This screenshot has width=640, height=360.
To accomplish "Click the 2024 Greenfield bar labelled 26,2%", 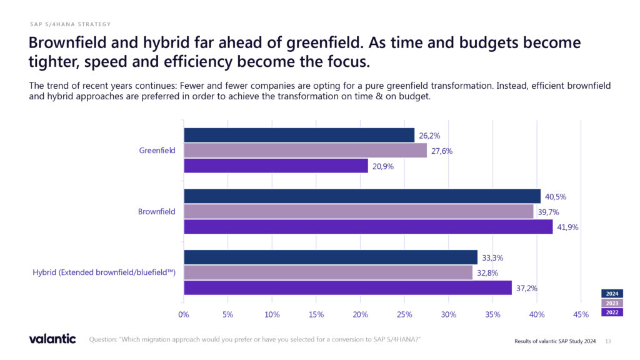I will point(299,135).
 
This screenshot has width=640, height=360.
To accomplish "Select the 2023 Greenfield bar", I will point(305,151).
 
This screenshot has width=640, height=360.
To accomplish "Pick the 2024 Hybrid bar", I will point(330,257).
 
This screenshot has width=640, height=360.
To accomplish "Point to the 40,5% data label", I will point(556,197).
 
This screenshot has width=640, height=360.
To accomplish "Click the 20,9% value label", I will point(383,166).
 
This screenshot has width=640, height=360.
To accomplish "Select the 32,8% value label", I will point(487,273).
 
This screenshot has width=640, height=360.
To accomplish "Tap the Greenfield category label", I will point(157,151).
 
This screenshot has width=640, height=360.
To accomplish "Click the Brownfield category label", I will point(156,212).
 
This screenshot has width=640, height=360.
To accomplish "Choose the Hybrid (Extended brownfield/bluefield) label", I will point(104,272).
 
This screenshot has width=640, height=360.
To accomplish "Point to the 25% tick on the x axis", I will point(404,314).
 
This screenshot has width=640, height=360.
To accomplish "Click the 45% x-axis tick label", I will point(581,314).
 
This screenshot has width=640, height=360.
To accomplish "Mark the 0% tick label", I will point(184,314).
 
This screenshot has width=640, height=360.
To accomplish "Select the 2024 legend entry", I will point(612,294).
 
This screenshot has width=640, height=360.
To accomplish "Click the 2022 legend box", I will point(612,312).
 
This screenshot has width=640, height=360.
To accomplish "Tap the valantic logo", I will point(52,339).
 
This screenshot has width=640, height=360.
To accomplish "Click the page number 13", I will point(608,341).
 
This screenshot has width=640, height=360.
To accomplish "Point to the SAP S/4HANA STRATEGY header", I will point(70,24).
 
